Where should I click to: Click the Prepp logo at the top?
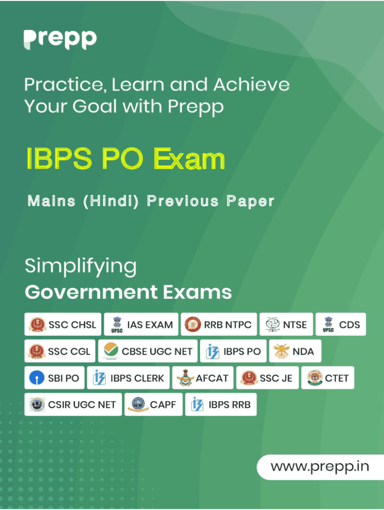[x=60, y=40]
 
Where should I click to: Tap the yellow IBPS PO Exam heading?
[x=126, y=158]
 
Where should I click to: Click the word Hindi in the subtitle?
[x=111, y=201]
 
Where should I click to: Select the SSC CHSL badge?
[x=63, y=324]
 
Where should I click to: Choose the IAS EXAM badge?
[x=141, y=324]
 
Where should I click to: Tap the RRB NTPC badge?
[x=219, y=324]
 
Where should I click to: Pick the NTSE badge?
[x=286, y=324]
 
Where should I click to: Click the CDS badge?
[x=341, y=324]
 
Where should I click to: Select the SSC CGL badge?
[x=60, y=351]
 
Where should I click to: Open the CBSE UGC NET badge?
[x=148, y=351]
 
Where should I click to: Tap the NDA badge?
[x=295, y=351]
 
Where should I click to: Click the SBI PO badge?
[x=54, y=378]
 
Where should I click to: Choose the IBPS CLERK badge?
[x=128, y=378]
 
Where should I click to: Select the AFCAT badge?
[x=203, y=378]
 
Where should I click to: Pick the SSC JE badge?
[x=267, y=378]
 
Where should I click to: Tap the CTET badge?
[x=328, y=378]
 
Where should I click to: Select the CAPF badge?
[x=154, y=404]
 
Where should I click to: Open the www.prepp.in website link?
[x=320, y=467]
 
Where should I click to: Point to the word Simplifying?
[x=81, y=267]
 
